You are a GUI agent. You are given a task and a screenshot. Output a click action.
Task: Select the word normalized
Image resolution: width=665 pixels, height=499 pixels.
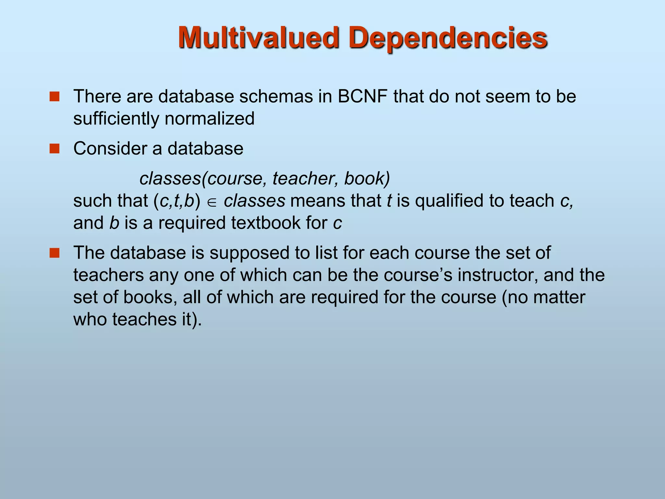pyautogui.click(x=209, y=119)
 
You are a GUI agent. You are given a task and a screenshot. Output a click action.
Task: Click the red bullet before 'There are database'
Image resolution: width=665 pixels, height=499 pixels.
pyautogui.click(x=55, y=96)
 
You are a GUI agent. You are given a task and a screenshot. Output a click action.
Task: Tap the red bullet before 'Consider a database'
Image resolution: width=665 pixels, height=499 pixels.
pyautogui.click(x=55, y=149)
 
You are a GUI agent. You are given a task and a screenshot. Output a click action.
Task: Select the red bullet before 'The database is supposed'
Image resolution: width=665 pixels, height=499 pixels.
pyautogui.click(x=55, y=253)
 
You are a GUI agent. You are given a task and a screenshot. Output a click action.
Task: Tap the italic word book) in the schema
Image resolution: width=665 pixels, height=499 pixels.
pyautogui.click(x=367, y=178)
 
